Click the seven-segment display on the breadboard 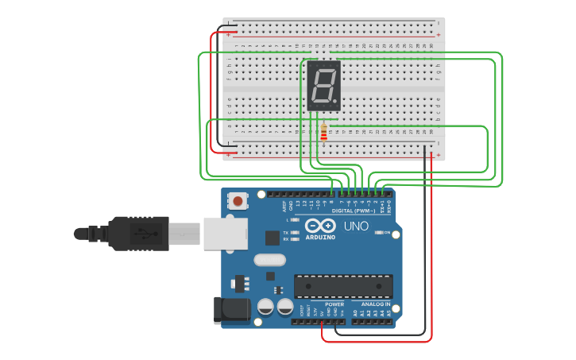[x=323, y=85]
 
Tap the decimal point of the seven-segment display [x=337, y=103]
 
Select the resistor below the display [x=323, y=134]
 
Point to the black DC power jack [x=231, y=310]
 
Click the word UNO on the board [x=356, y=226]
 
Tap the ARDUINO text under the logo [x=320, y=237]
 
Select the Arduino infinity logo [x=320, y=225]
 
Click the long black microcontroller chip [x=343, y=286]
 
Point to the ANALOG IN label [x=375, y=304]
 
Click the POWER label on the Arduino [x=334, y=304]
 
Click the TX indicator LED [x=295, y=232]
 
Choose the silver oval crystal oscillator [x=269, y=259]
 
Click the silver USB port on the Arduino [x=225, y=233]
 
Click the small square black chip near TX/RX [x=273, y=237]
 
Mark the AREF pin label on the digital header [x=284, y=205]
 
